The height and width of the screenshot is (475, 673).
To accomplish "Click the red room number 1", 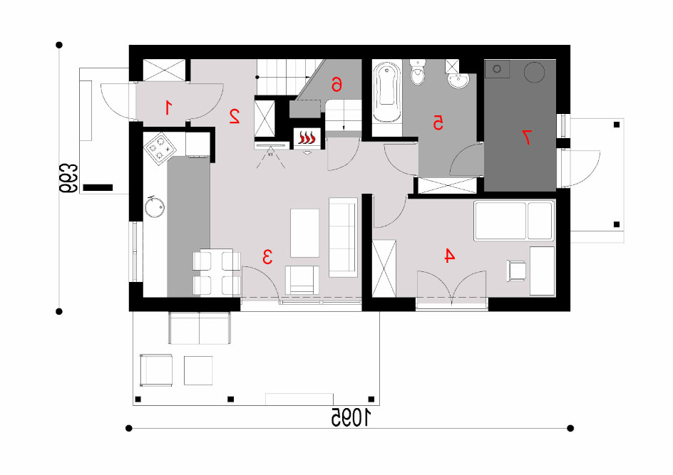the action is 168,107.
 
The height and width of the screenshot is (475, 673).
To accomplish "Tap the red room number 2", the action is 235,116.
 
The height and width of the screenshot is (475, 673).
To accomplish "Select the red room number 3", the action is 267,256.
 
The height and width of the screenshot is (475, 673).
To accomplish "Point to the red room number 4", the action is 449,256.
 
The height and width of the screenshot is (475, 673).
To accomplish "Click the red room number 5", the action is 437,122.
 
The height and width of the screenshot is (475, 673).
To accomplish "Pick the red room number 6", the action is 336,85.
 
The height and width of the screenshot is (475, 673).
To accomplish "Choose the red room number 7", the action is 527,137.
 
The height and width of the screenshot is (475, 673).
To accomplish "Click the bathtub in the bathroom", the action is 387,92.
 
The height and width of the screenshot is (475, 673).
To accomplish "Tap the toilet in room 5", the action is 418,72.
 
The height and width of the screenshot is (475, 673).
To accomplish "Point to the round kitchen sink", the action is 154,207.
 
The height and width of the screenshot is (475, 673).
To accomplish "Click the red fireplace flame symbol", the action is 307,138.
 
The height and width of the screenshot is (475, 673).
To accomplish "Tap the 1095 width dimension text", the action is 351,417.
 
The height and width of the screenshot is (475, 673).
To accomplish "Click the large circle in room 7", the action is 535,72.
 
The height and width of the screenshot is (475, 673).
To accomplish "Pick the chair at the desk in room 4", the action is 516,271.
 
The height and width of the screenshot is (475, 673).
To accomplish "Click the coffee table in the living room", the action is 304,233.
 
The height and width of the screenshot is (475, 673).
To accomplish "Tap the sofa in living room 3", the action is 343,237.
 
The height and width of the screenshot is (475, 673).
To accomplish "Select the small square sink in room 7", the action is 497,68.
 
